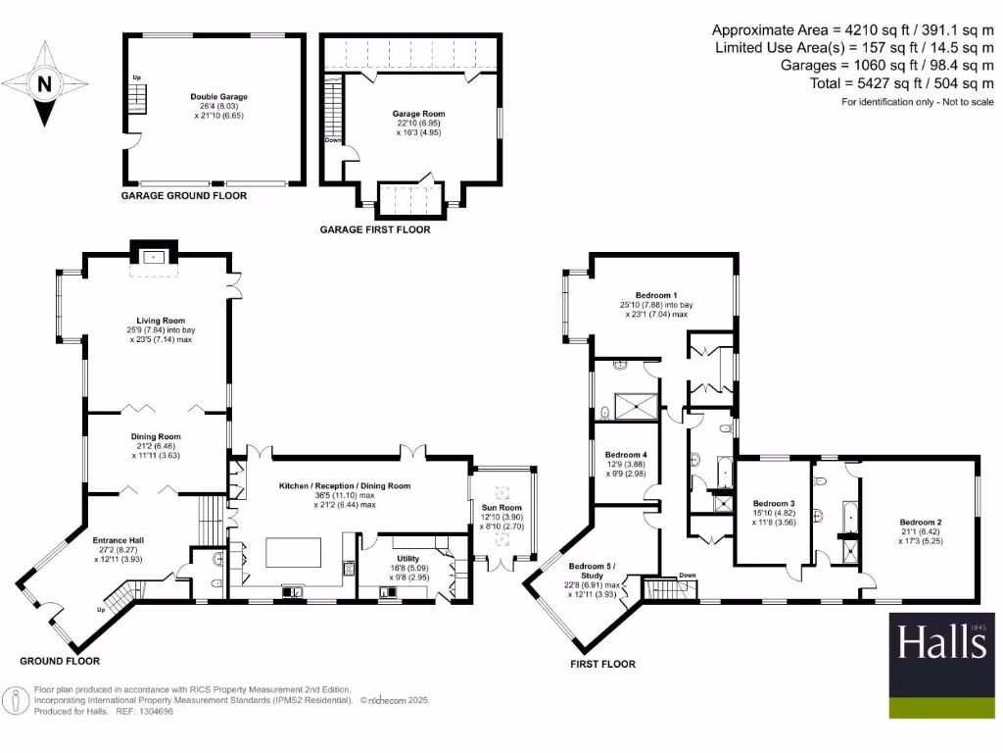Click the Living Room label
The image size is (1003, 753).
tap(157, 320)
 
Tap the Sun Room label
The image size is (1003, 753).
tap(501, 507)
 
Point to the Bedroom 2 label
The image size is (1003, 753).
tap(921, 522)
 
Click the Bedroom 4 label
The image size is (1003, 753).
tap(626, 455)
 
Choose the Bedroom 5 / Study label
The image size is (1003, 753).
tap(594, 572)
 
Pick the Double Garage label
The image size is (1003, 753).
tap(218, 97)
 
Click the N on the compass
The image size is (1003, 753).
tap(43, 84)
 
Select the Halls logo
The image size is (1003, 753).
tap(940, 643)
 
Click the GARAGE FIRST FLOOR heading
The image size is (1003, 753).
tap(375, 230)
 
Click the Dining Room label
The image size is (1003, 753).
tap(157, 437)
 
